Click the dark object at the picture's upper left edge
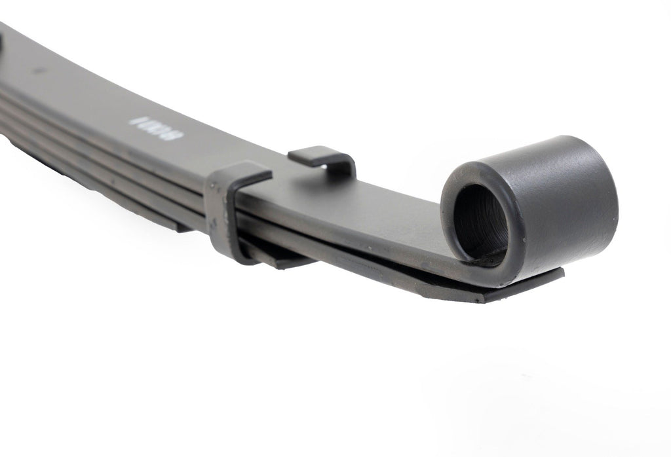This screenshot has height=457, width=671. (1, 43)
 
